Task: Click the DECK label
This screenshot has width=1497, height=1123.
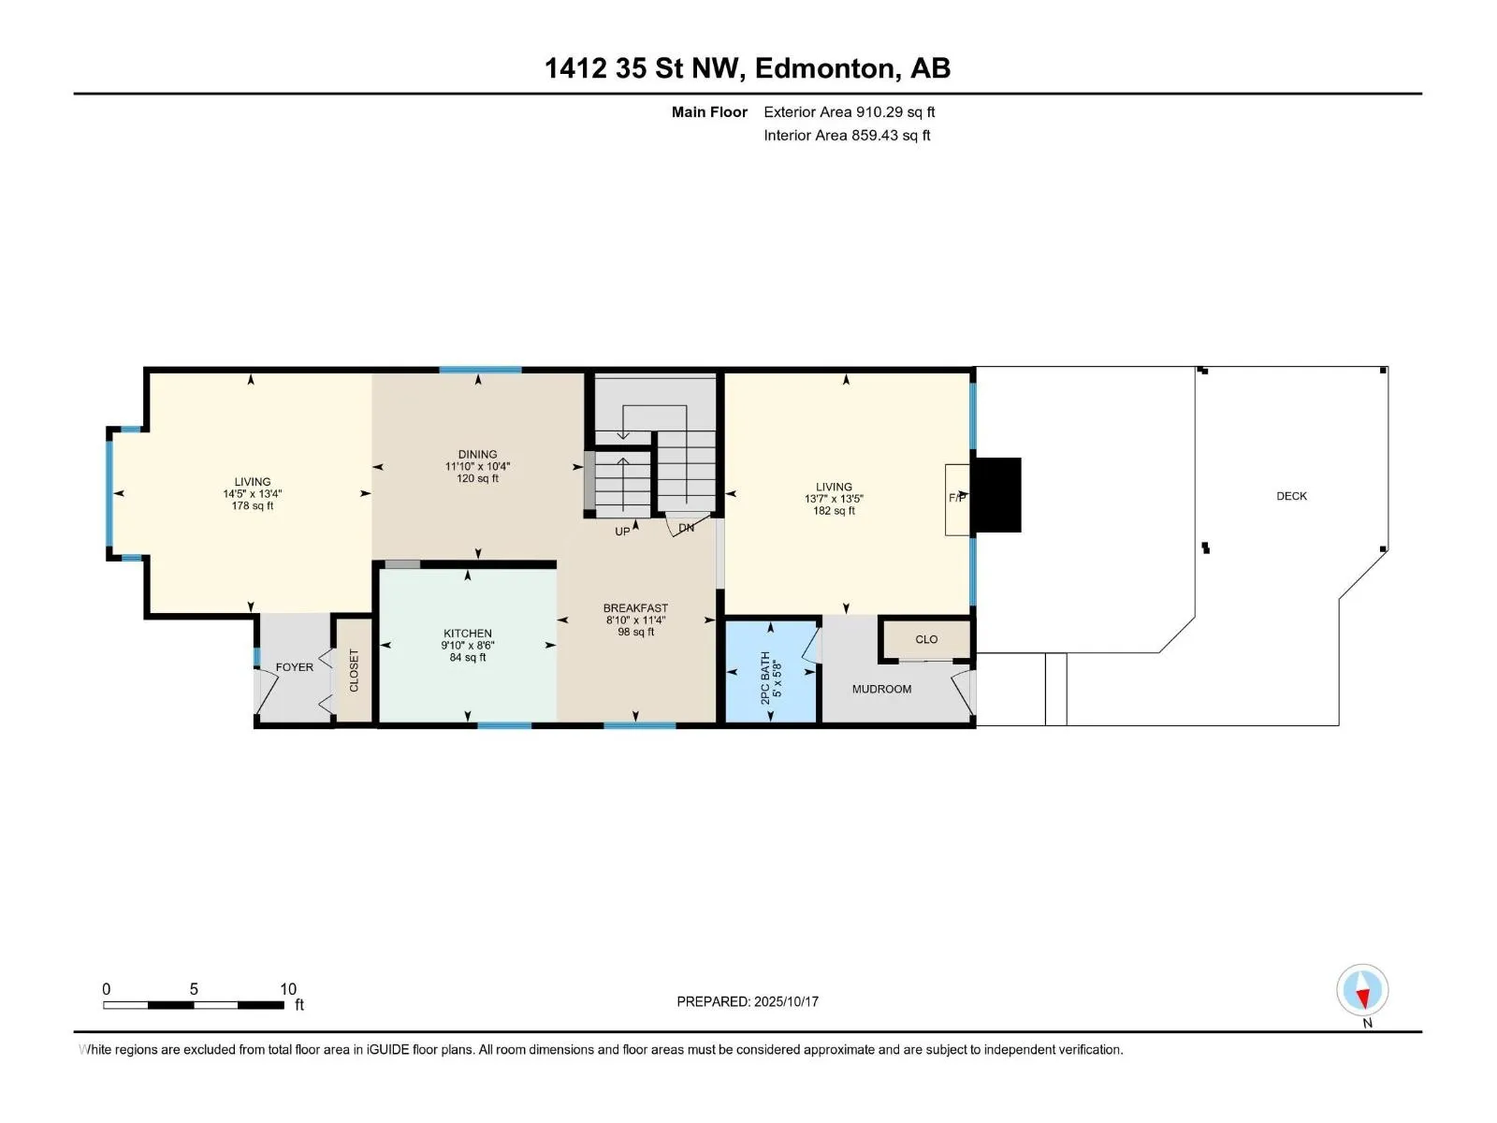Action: pos(1291,496)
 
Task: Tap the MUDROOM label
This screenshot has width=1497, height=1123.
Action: pos(881,690)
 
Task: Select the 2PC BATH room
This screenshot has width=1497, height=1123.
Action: pos(771,671)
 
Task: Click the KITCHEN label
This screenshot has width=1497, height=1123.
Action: pos(467,634)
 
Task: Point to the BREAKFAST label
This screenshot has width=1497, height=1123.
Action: pos(635,608)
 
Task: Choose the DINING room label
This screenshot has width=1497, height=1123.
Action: pos(477,454)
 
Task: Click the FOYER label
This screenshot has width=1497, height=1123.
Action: pos(295,667)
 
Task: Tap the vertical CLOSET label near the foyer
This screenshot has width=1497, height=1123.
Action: pos(354,670)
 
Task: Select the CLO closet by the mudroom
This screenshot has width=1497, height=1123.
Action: pos(926,639)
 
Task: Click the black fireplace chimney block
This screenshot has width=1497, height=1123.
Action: pos(996,495)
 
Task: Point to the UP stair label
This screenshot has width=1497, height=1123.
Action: pos(622,532)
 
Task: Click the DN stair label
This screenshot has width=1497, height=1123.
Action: pos(686,528)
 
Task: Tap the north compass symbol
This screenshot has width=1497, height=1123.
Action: pos(1362,989)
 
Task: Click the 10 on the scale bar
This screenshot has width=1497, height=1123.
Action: pos(288,988)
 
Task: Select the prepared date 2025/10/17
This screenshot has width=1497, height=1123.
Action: pos(786,1001)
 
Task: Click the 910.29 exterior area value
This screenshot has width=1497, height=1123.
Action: pos(879,111)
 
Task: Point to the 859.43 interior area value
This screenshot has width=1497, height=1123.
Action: pos(875,135)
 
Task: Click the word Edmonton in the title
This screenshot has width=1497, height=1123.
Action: pos(824,68)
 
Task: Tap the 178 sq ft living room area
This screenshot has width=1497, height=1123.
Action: pos(253,506)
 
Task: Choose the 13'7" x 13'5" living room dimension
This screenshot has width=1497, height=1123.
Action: pos(834,499)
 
